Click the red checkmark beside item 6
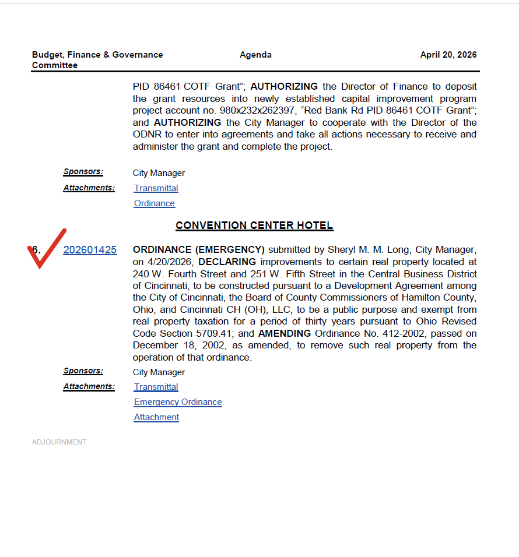coord(45,249)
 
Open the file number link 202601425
coord(90,250)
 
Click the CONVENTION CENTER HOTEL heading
coord(254,225)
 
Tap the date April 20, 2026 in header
coord(448,55)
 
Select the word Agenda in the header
coord(255,55)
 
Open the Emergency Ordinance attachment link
coord(178,402)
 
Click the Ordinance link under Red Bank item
coord(155,203)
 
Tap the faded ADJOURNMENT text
coord(59,442)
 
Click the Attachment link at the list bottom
coord(156,417)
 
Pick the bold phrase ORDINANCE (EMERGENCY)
coord(198,250)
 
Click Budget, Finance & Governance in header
coord(97,55)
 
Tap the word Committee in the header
coord(55,65)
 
